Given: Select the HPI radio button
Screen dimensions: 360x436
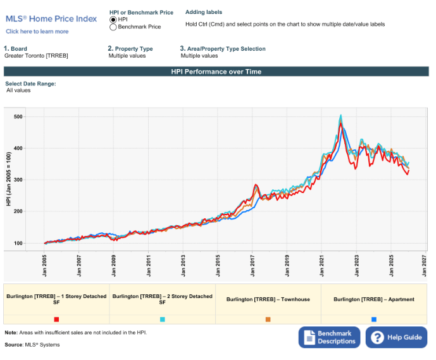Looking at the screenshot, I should point(113,20).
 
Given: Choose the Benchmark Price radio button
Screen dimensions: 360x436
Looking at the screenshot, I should point(113,27).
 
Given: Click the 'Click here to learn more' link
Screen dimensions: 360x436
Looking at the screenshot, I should point(37,31).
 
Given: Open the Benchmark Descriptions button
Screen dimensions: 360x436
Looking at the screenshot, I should point(329,337).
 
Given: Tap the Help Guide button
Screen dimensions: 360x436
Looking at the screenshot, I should point(396,337).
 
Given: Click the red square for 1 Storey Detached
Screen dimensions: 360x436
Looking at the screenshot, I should point(56,320).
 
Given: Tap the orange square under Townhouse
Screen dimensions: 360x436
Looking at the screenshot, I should point(268,320).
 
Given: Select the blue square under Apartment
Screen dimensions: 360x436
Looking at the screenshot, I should point(374,320).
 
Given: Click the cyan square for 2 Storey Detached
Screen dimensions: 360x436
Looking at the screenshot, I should point(163,320).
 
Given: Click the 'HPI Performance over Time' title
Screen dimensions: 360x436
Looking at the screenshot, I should point(216,71).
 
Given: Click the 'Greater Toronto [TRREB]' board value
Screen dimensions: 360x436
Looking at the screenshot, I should point(36,56).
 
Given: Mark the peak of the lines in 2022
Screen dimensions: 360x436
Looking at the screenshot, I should point(341,116).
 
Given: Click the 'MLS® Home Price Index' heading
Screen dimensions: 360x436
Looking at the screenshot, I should point(51,19).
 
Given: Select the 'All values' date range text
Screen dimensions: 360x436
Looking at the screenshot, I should point(18,90).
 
